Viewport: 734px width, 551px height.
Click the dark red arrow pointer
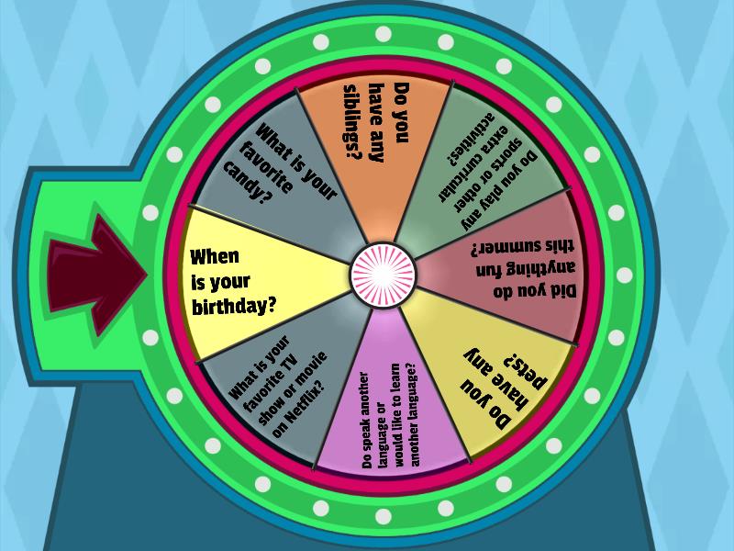pos(96,275)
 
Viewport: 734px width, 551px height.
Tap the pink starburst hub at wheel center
pos(383,275)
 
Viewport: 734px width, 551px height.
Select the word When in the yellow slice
pos(215,256)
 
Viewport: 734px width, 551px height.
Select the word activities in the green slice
pos(471,140)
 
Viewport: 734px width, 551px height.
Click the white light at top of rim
pos(384,34)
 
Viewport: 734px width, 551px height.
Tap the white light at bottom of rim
pos(384,516)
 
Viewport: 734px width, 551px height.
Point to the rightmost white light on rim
pos(625,275)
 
